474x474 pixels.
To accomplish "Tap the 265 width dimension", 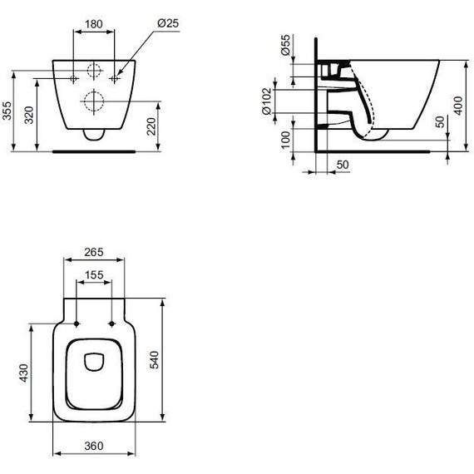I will coord(94,252).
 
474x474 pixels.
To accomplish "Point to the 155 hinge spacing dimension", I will coord(93,274).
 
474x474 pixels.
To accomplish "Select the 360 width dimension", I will coord(94,447).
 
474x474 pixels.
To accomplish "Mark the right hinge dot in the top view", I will coord(111,323).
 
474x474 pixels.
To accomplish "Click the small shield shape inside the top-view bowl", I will coord(93,361).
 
